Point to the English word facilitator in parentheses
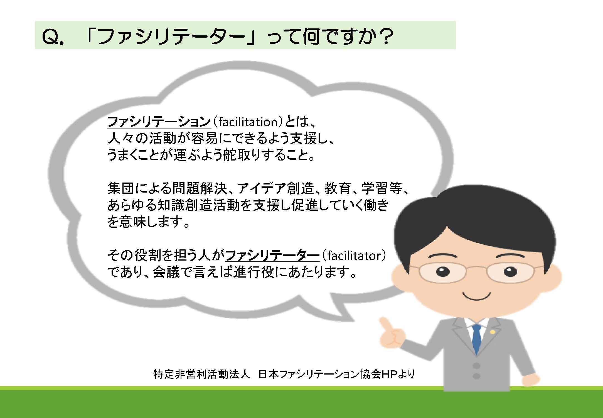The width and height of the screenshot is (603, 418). tap(354, 256)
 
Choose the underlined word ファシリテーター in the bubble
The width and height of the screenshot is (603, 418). tap(272, 256)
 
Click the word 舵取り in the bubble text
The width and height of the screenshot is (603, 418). tap(242, 155)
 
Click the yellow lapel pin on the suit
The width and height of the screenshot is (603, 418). tap(493, 332)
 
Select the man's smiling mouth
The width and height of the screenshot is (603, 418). tap(476, 297)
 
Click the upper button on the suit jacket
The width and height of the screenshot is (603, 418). tap(476, 365)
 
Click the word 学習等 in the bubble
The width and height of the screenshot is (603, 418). tap(382, 189)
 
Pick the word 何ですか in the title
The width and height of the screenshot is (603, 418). tap(338, 37)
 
